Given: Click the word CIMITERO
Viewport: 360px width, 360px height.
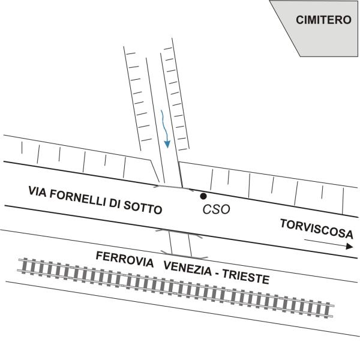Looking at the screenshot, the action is coord(323,20).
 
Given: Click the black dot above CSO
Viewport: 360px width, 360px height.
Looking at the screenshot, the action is coord(204,196).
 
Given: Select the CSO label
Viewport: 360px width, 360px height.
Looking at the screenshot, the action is coord(217,210).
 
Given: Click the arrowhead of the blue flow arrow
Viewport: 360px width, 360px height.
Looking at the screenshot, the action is coord(167,143).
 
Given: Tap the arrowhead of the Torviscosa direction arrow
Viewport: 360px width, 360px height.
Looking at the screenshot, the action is coord(349,246).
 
